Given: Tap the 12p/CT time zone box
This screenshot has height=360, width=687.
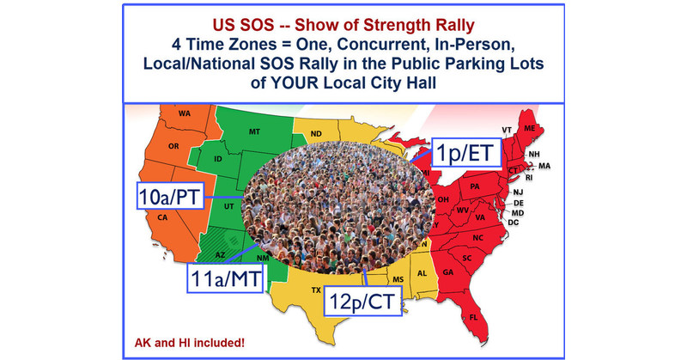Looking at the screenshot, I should pos(365,302).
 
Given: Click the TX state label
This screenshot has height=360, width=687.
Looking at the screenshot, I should pos(315,290).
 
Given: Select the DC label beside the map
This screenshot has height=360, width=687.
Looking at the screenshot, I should pos(537,223).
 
